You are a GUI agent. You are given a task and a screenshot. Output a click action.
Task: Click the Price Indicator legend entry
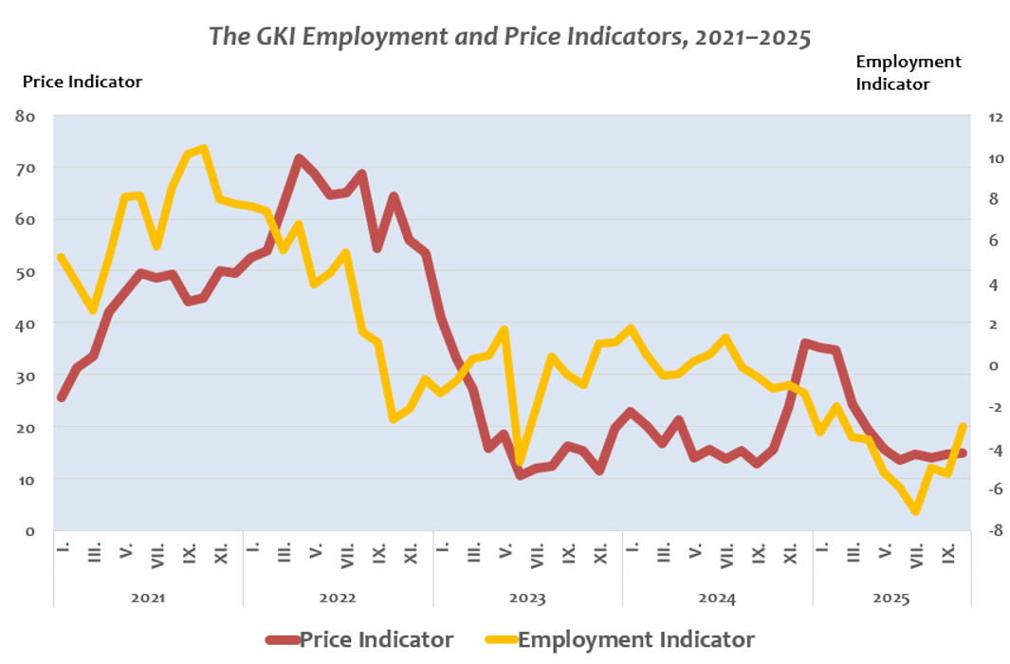376,639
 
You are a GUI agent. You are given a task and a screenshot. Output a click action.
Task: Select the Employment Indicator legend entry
635,639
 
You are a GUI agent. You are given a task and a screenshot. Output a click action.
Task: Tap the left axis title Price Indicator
82,82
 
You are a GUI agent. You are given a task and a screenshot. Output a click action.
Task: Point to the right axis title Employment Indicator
908,72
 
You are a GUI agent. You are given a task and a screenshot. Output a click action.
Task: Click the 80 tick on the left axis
26,117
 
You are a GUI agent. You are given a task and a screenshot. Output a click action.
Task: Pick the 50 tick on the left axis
26,272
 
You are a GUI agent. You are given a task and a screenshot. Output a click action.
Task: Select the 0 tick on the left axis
30,531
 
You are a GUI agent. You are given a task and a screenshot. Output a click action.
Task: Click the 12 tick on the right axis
995,118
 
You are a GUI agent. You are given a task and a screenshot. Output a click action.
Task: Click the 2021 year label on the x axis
148,599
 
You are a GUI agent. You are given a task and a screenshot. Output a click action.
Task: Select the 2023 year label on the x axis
527,599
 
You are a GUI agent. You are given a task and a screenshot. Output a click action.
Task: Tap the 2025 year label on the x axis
891,599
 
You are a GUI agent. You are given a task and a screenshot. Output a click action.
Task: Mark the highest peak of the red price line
299,158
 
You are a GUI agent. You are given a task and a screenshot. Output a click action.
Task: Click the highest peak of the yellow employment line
204,148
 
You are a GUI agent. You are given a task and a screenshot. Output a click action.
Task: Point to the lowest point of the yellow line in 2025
916,511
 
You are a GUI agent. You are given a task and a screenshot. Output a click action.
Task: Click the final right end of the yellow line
964,426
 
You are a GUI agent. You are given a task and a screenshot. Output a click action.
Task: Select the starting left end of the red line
61,397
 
